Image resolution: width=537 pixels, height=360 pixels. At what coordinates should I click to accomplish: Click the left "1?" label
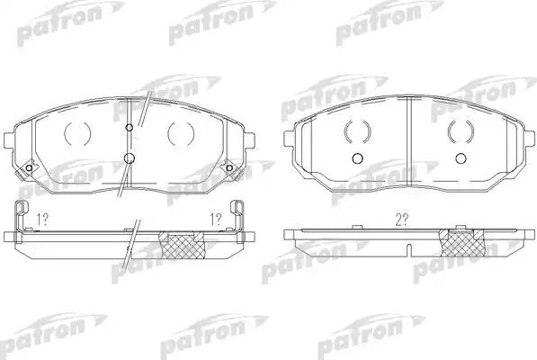41,219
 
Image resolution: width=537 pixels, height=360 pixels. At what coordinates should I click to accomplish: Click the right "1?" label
216,219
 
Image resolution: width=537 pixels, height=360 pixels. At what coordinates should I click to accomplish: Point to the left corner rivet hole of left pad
29,171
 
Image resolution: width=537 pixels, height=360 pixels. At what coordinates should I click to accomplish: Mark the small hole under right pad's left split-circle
357,159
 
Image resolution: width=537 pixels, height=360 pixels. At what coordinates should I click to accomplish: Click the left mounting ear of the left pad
13,142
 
